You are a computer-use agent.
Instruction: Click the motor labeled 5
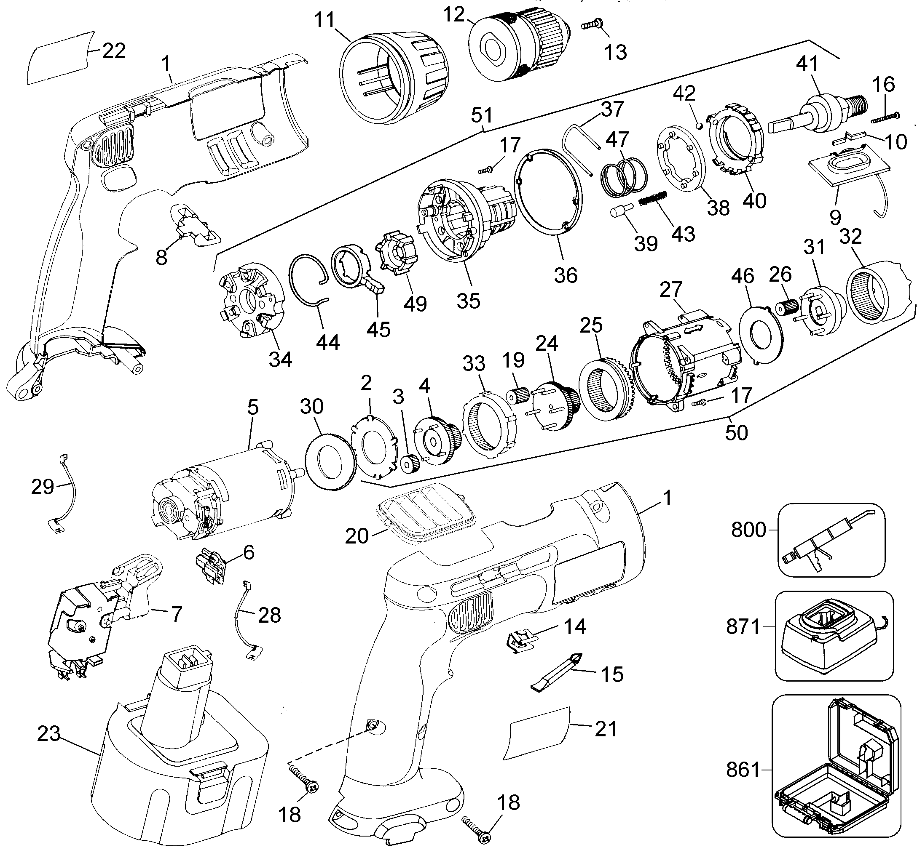coord(221,492)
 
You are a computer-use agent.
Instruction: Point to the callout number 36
coord(565,275)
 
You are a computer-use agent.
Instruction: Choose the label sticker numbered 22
coord(60,58)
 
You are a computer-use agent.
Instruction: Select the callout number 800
coord(748,530)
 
